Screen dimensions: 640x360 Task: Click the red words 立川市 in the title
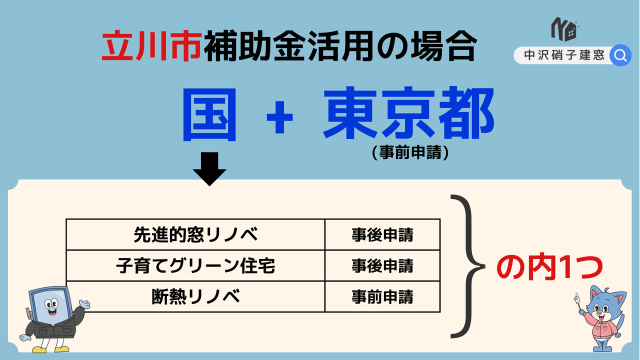pyautogui.click(x=151, y=46)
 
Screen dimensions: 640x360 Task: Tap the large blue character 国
pyautogui.click(x=209, y=114)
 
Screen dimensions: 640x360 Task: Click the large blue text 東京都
pyautogui.click(x=408, y=113)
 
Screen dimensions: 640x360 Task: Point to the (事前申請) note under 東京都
pyautogui.click(x=410, y=152)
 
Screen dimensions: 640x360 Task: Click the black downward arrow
pyautogui.click(x=209, y=169)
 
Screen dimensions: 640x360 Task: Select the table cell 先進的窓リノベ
pyautogui.click(x=195, y=234)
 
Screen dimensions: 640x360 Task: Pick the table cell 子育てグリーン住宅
pyautogui.click(x=195, y=265)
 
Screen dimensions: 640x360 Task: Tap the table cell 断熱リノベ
pyautogui.click(x=195, y=296)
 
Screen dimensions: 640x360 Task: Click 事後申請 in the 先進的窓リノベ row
pyautogui.click(x=382, y=235)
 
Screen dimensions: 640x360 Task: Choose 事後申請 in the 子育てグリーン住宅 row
pyautogui.click(x=382, y=265)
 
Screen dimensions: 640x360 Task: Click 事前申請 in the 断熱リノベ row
pyautogui.click(x=382, y=296)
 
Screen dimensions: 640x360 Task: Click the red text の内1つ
pyautogui.click(x=549, y=267)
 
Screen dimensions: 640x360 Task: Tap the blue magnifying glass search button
pyautogui.click(x=620, y=55)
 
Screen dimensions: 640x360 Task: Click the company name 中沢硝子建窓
pyautogui.click(x=564, y=55)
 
